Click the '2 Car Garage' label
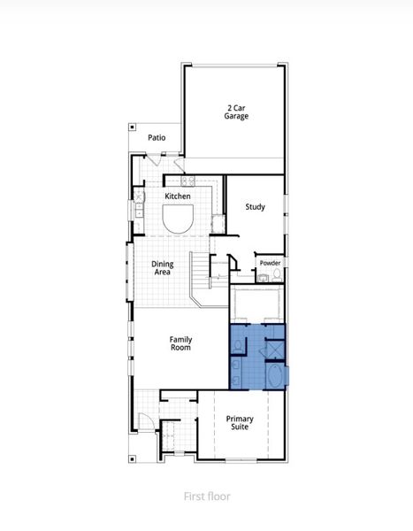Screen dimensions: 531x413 click(x=235, y=112)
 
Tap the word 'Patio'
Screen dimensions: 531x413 click(x=157, y=137)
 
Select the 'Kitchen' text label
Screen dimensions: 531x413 click(x=177, y=196)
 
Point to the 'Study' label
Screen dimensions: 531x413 click(x=255, y=207)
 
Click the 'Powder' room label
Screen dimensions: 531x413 click(x=270, y=263)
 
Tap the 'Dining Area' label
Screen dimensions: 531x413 click(x=162, y=268)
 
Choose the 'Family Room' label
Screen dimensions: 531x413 click(x=180, y=343)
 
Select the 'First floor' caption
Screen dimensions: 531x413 click(x=206, y=496)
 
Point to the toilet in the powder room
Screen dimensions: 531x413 click(x=277, y=276)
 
